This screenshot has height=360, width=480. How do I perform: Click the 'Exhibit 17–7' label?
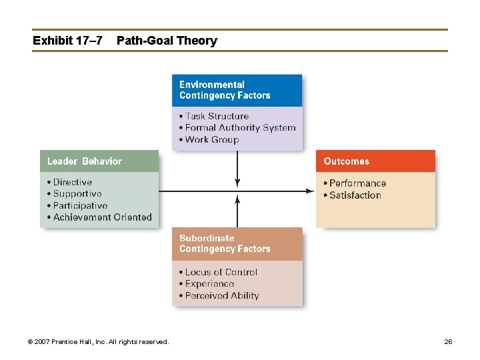point(67,41)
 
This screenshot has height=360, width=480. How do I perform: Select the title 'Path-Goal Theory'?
point(167,41)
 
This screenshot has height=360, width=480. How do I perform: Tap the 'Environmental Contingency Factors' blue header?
point(237,90)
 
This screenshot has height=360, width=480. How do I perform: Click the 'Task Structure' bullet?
point(217,116)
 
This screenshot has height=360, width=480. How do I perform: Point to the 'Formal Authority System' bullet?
point(240,127)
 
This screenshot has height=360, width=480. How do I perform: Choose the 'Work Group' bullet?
point(211,139)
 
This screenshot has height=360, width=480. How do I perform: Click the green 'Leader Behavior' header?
point(99,161)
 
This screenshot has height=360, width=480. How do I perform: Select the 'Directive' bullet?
point(72,182)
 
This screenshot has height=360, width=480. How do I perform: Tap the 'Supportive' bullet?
point(77,194)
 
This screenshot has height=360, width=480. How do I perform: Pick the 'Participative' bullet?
point(80,205)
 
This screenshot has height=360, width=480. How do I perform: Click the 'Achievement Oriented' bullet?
point(102,217)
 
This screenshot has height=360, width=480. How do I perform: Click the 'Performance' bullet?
point(357,183)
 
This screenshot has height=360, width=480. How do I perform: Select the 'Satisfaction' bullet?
point(355,195)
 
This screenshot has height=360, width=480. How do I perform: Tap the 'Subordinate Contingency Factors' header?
point(237,243)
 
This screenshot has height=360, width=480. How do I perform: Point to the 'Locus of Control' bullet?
point(221,272)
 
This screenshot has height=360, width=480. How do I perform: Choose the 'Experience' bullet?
point(209,283)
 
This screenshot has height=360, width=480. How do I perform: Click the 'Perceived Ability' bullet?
point(221,295)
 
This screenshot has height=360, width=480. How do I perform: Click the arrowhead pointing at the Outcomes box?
point(310,191)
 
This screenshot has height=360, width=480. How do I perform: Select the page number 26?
point(448,342)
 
